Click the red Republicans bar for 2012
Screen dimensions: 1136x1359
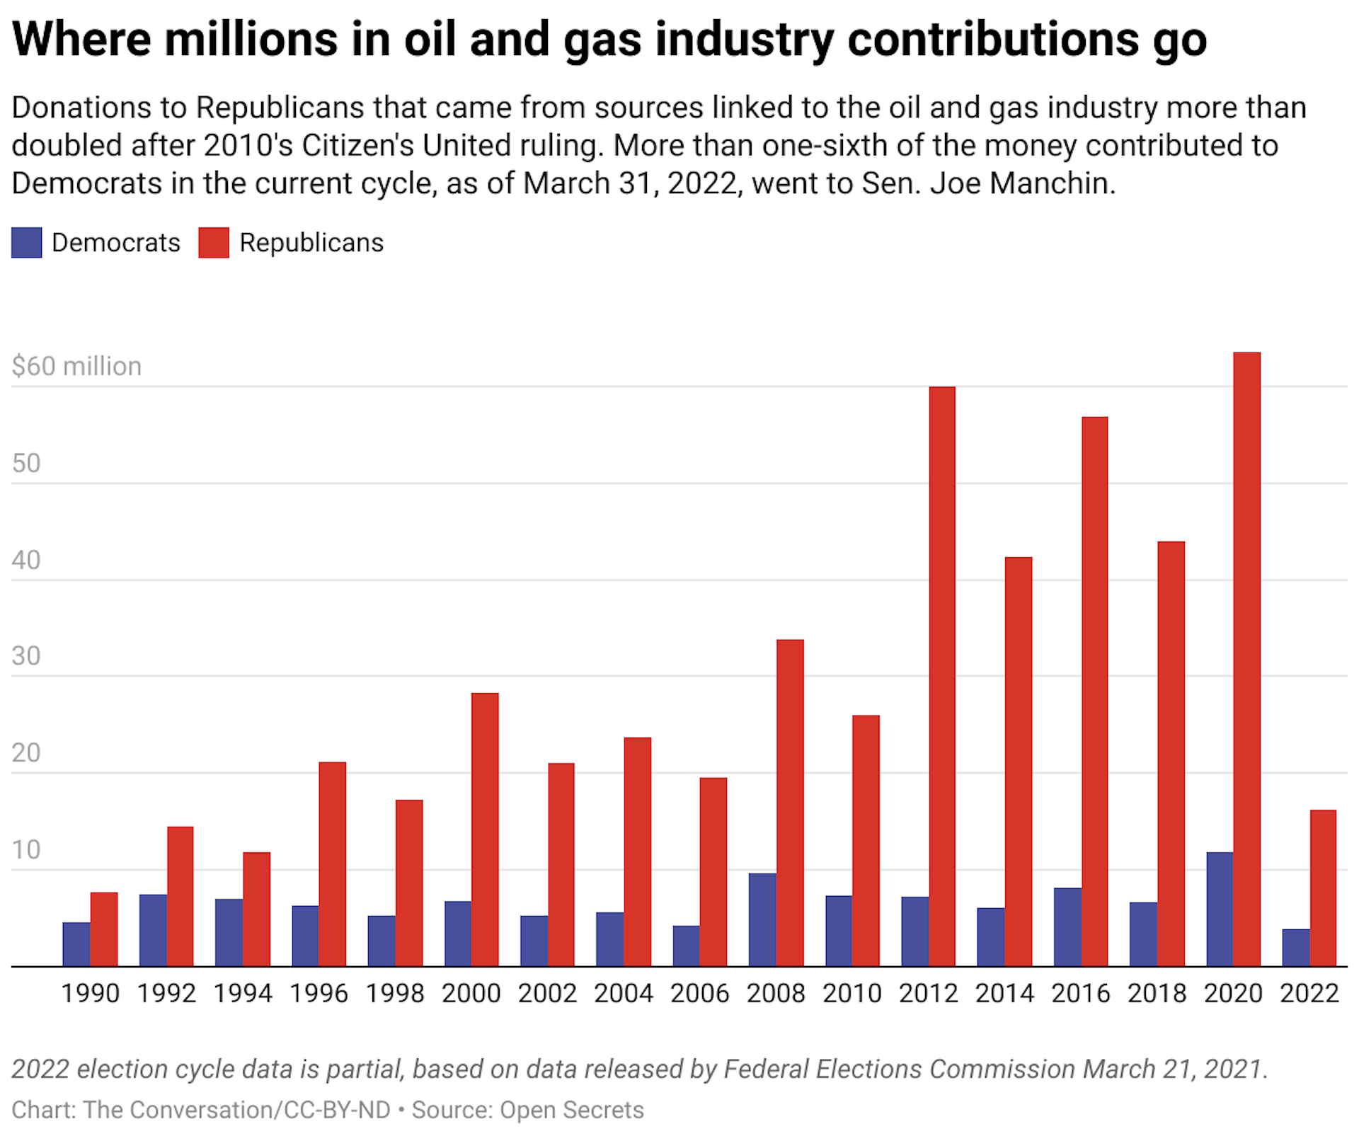(x=941, y=676)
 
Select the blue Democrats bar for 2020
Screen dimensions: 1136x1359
(x=1219, y=909)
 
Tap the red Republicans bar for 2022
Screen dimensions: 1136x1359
(x=1322, y=888)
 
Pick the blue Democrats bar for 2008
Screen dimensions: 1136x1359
(x=762, y=919)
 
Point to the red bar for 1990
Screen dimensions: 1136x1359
(x=104, y=929)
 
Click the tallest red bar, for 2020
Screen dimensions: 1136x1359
(x=1246, y=658)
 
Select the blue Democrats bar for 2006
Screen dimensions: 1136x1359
(x=685, y=946)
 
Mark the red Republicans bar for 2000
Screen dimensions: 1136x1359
(x=485, y=829)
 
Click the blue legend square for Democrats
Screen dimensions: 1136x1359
(x=27, y=243)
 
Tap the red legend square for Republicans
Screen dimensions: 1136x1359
(x=214, y=243)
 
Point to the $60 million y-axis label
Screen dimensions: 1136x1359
(x=76, y=367)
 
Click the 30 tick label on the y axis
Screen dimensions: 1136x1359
(x=26, y=656)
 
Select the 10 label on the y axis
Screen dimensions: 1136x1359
(x=26, y=849)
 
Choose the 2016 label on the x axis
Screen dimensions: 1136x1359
(x=1080, y=994)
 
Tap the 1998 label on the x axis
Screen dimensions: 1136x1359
(x=394, y=994)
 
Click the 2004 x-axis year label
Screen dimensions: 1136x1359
(x=623, y=994)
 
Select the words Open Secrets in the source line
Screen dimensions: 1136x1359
(x=572, y=1110)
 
